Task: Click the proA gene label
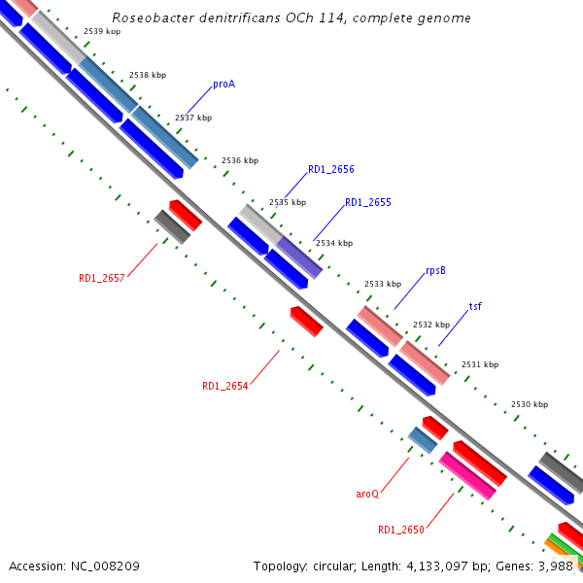(x=223, y=84)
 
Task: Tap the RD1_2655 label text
(x=367, y=203)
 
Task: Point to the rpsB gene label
(x=435, y=271)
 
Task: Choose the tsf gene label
(x=475, y=307)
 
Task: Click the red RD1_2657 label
(x=101, y=278)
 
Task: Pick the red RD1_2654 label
(x=224, y=386)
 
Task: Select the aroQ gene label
(x=366, y=494)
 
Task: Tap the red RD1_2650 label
(x=401, y=530)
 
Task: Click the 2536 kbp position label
(x=239, y=160)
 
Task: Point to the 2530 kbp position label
(x=529, y=404)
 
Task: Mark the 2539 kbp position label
(x=102, y=32)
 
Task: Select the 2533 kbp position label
(x=382, y=284)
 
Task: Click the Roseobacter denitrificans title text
(x=291, y=18)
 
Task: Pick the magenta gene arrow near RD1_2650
(x=467, y=475)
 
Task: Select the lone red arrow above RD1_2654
(x=306, y=321)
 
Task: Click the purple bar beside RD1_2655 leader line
(x=299, y=257)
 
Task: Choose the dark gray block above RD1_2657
(x=172, y=226)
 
